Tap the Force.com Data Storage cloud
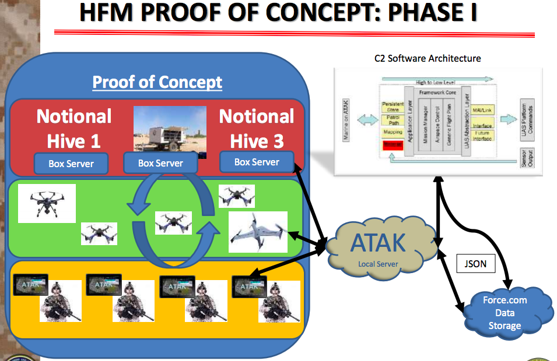coord(505,313)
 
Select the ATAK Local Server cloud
coord(381,247)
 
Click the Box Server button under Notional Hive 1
coord(71,164)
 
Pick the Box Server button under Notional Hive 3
coord(257,162)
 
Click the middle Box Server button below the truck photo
coord(160,164)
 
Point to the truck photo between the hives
coord(169,132)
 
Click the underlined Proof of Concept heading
coord(157,82)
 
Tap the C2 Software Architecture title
coord(428,58)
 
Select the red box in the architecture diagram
coord(393,145)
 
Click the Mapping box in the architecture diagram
coord(393,132)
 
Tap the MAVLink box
coord(483,111)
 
